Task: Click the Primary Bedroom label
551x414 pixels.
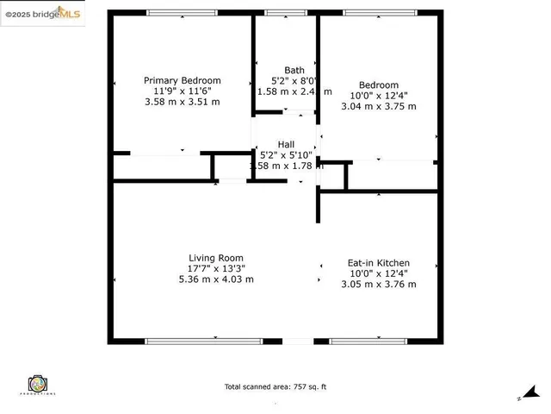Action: pos(182,80)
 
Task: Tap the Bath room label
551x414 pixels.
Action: pos(294,71)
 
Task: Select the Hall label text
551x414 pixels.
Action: pos(287,144)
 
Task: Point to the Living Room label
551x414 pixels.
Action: pos(216,258)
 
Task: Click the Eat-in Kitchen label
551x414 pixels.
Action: pos(378,263)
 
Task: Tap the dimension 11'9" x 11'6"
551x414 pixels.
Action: pos(182,91)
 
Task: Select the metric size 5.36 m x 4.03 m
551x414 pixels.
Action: pos(216,279)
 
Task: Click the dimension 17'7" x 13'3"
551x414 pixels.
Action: pos(216,268)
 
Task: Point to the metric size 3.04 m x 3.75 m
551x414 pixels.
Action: pos(378,106)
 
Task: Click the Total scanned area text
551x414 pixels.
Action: pos(275,386)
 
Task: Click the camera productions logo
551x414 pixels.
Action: pos(36,384)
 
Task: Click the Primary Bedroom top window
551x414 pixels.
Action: pos(182,13)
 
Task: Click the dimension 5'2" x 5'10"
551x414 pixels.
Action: pos(287,155)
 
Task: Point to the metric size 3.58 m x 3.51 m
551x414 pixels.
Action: pos(182,101)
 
